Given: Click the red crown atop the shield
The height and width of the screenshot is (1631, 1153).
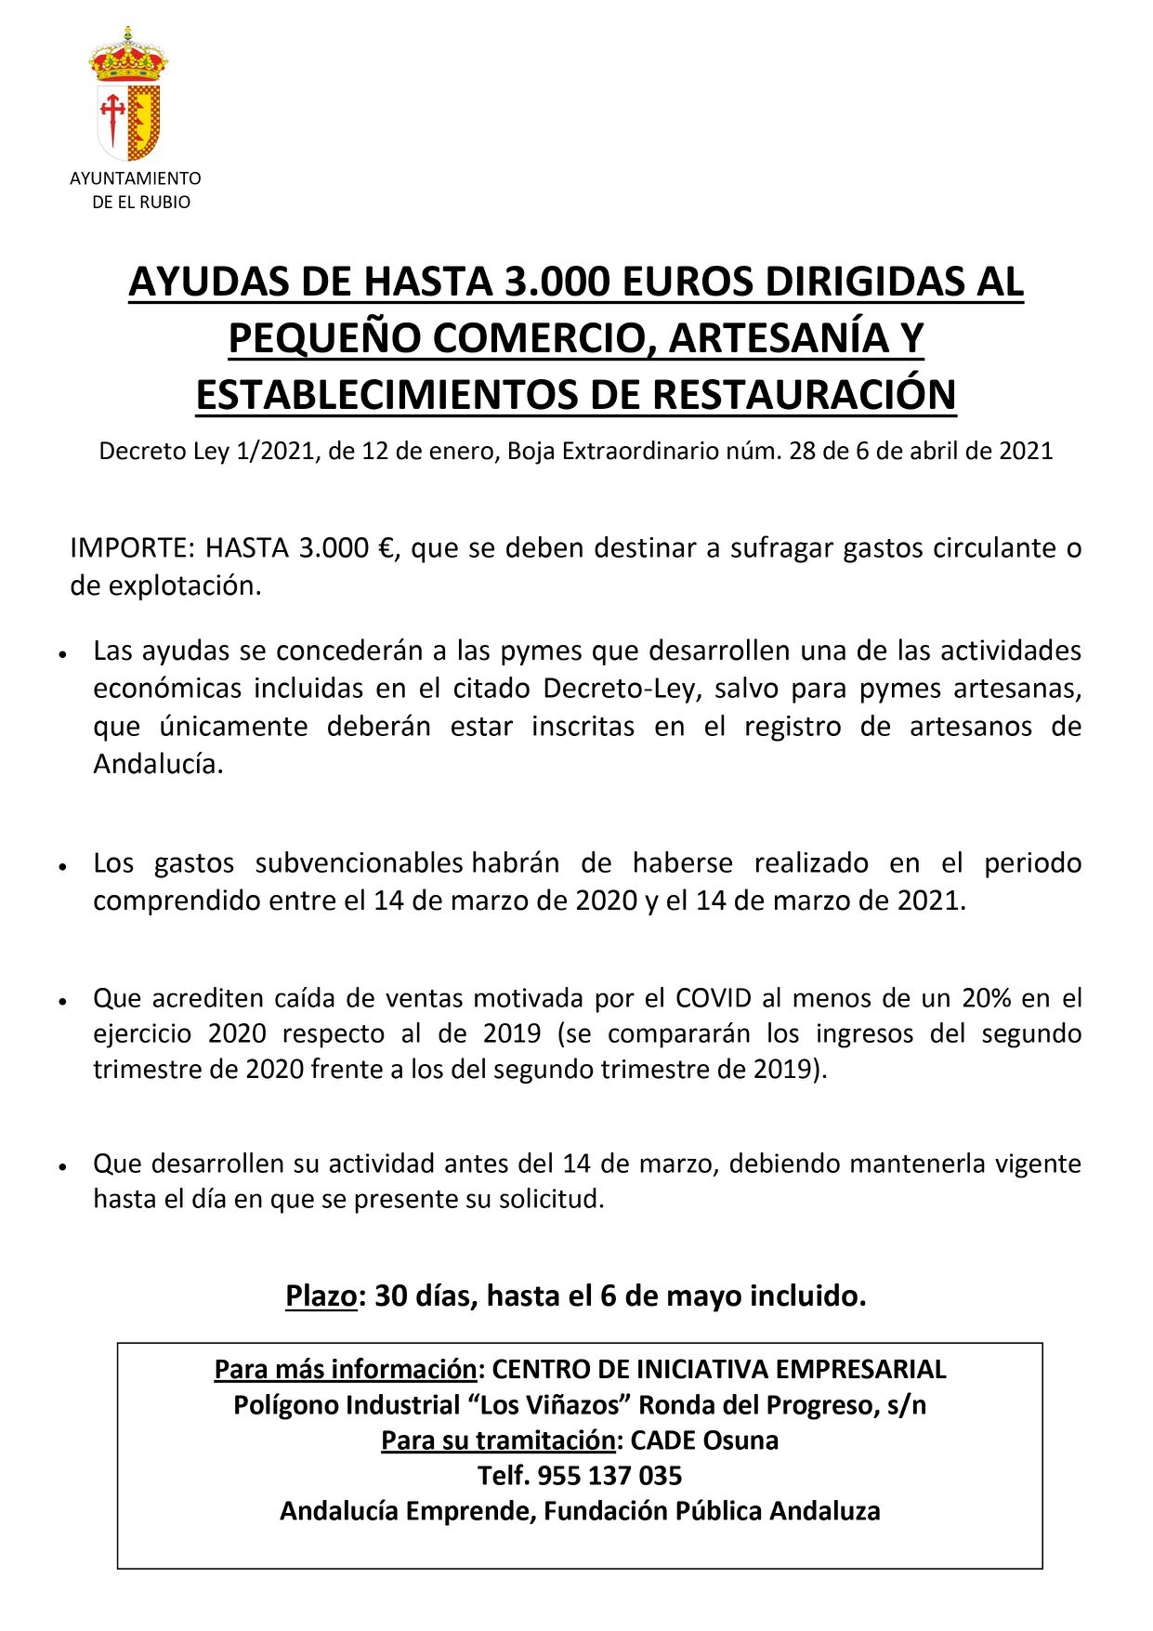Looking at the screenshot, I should pyautogui.click(x=128, y=56).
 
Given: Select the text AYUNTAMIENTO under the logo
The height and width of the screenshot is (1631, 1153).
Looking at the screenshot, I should pyautogui.click(x=135, y=178).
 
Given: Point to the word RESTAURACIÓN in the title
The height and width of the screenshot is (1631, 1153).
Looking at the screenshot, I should pyautogui.click(x=804, y=394).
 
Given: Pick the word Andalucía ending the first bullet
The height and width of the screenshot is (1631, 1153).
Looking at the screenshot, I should pyautogui.click(x=158, y=765).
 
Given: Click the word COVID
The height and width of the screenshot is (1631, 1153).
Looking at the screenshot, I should pyautogui.click(x=713, y=998).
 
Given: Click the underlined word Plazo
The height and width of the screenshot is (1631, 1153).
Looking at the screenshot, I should pyautogui.click(x=321, y=1296).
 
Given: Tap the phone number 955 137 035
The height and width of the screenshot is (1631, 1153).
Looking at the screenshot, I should pyautogui.click(x=609, y=1476).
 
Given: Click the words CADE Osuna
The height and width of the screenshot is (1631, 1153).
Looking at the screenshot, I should pyautogui.click(x=704, y=1440).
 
